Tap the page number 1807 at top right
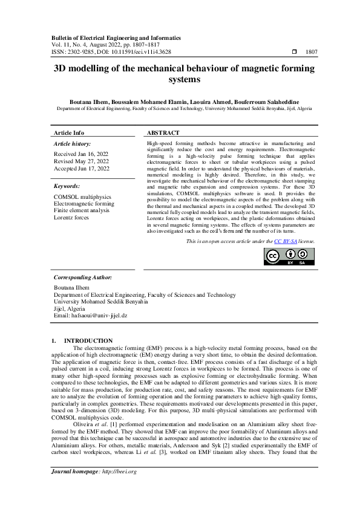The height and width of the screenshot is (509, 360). (312, 52)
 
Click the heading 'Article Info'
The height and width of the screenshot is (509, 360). (70, 132)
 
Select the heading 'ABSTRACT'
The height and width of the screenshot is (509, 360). (163, 132)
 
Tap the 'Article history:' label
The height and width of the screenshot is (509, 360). (73, 144)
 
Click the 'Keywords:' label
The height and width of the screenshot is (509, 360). (67, 187)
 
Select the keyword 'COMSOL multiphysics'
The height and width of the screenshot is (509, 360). (82, 197)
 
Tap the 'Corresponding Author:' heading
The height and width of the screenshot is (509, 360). (83, 277)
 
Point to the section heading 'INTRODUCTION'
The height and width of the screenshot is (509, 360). (88, 341)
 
